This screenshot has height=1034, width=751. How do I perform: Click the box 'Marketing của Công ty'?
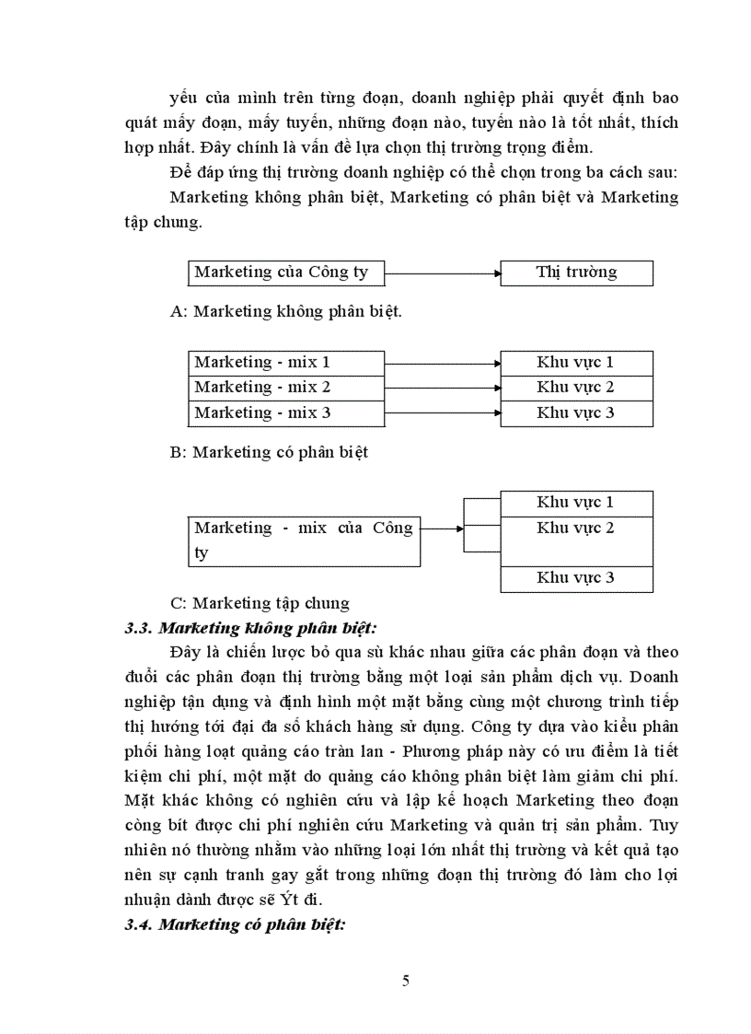coord(285,273)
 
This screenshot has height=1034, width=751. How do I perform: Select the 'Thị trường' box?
coord(576,273)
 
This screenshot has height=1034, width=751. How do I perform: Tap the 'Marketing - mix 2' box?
coord(285,388)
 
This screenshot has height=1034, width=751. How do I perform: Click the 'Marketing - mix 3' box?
coord(285,412)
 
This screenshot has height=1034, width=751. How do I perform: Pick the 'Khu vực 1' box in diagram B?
coord(576,363)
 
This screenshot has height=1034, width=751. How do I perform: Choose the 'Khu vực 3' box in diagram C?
coord(576,578)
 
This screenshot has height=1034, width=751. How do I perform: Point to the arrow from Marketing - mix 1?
coord(442,363)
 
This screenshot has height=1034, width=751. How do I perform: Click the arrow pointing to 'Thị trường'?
coord(442,273)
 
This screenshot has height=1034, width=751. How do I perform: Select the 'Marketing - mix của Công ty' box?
coord(304,540)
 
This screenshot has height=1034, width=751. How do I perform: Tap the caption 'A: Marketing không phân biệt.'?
coord(286,312)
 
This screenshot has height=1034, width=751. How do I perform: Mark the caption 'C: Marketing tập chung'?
coord(260,604)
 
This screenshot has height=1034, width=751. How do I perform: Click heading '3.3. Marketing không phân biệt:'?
coord(252,629)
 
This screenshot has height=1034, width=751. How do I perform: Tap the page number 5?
coord(406,980)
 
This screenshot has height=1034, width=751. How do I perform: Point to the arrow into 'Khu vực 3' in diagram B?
coord(442,412)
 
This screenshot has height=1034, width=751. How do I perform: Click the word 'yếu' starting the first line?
coord(184,97)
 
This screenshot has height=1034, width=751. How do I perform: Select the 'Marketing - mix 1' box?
coord(285,363)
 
